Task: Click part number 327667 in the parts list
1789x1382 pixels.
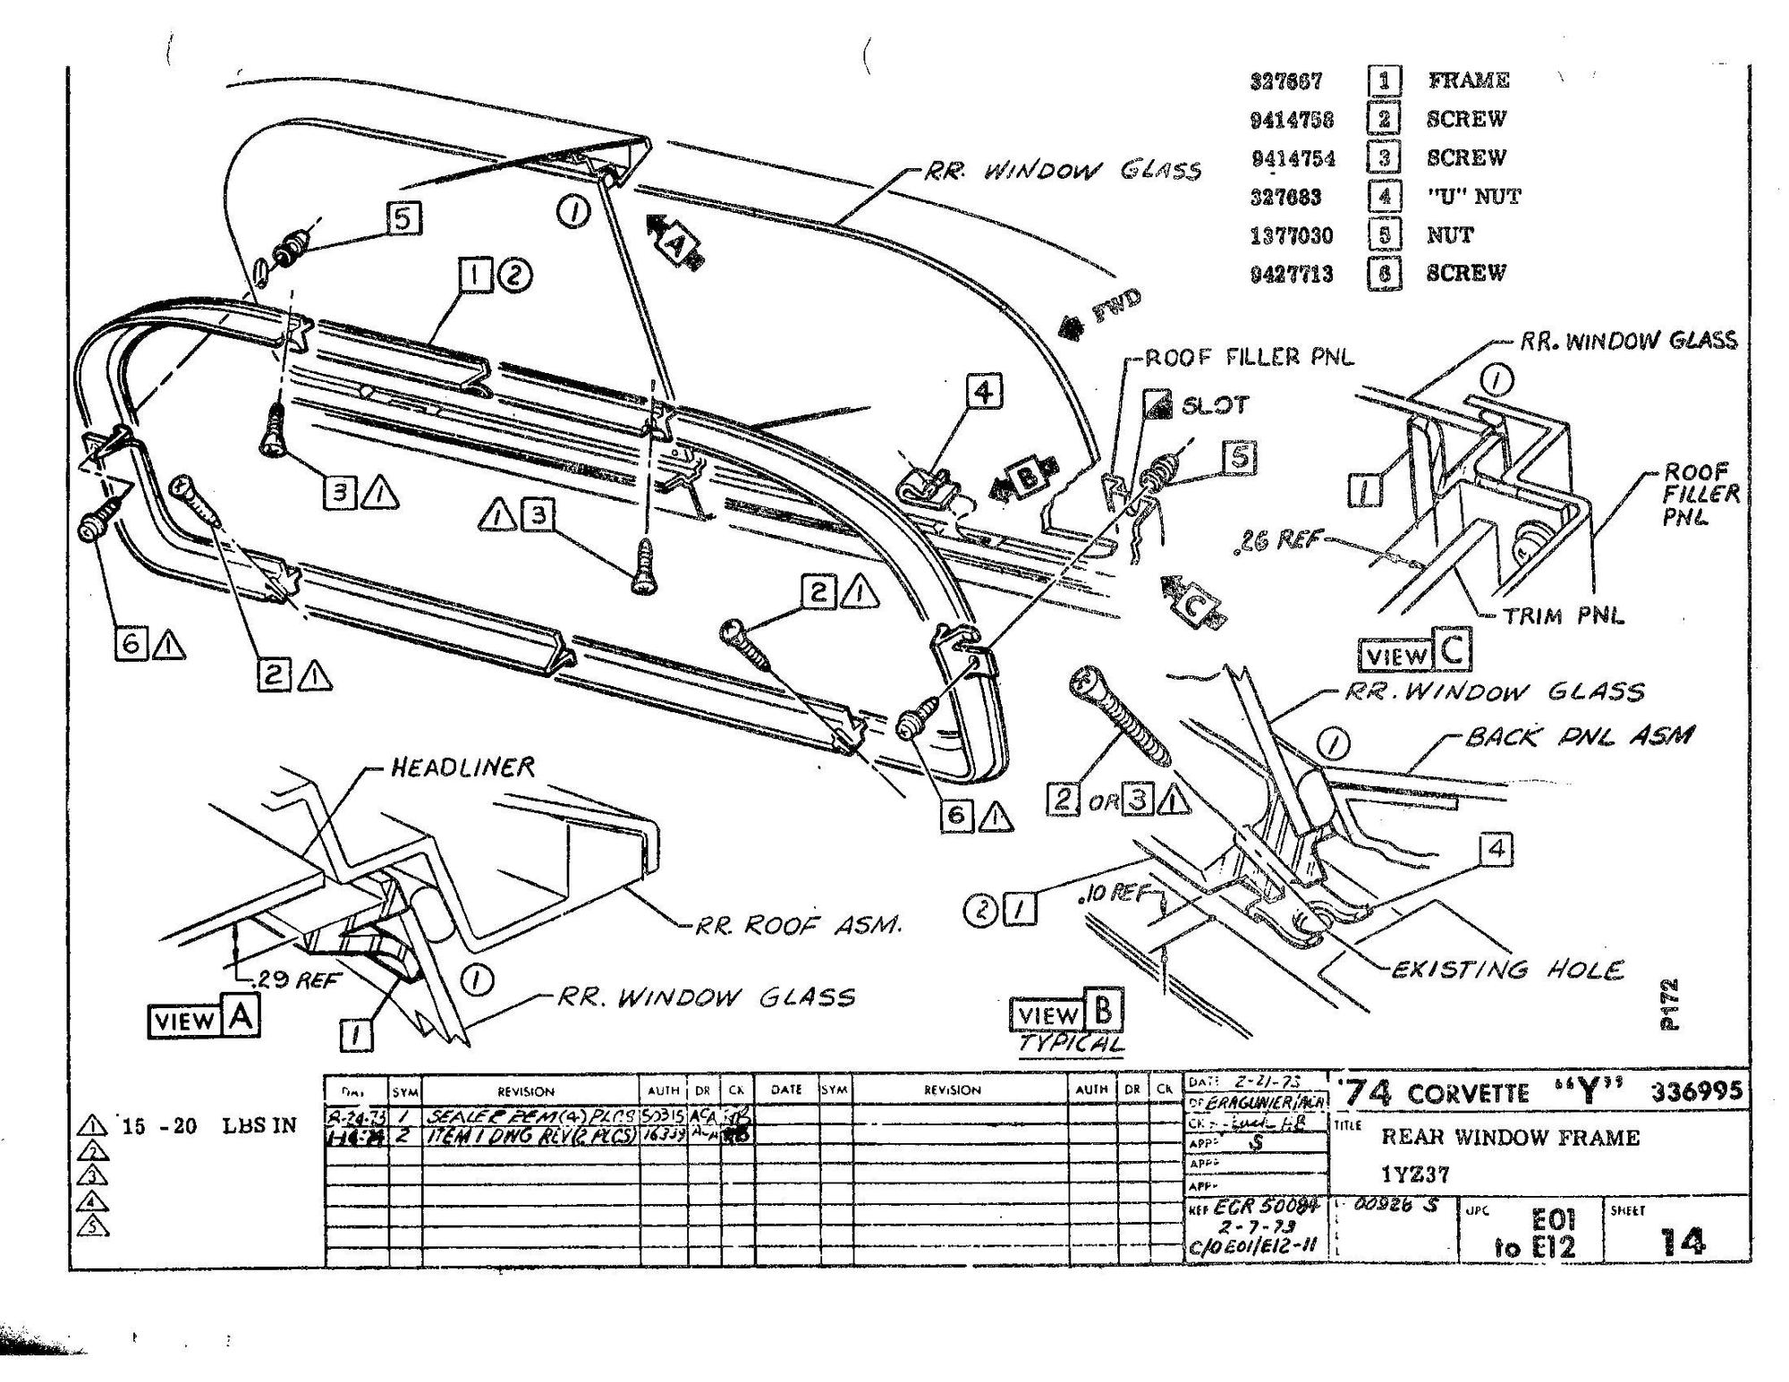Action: [1285, 81]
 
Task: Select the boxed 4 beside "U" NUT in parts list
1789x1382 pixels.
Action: [1384, 196]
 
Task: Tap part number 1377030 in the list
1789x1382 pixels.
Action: [1291, 235]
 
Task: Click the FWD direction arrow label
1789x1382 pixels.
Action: [1115, 309]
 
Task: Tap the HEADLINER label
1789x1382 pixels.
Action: [462, 767]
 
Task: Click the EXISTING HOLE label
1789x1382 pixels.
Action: [1506, 970]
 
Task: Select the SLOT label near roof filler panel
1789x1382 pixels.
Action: [1214, 405]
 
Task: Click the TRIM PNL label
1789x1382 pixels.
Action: [1562, 615]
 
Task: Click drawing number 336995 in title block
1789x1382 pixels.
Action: [1697, 1091]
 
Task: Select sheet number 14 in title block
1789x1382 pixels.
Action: [1682, 1242]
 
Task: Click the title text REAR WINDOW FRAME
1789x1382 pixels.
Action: [1510, 1138]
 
